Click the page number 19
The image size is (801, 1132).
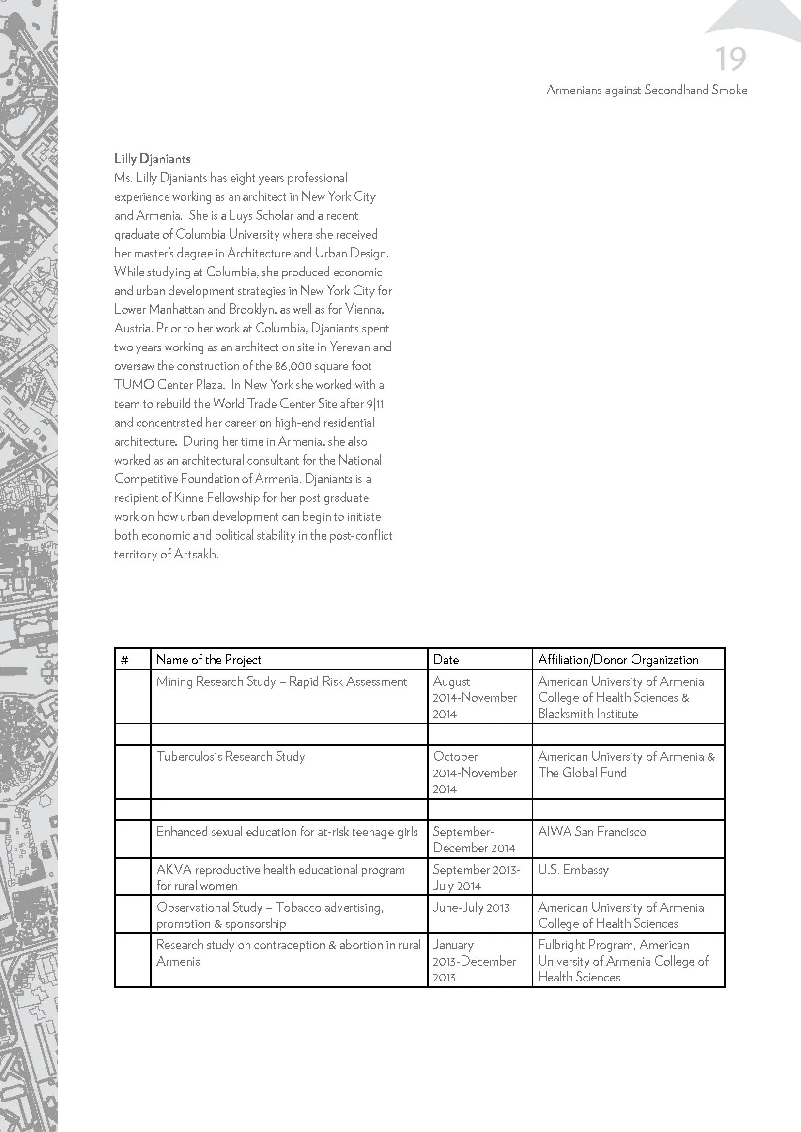point(730,60)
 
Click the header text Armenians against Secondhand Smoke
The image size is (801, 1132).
point(646,90)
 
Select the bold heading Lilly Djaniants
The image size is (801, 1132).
point(153,159)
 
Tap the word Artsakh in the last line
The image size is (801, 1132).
point(196,554)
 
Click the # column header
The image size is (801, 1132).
point(125,660)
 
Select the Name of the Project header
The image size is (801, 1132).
point(208,660)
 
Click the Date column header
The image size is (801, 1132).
point(446,660)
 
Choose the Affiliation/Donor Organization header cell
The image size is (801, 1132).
point(618,660)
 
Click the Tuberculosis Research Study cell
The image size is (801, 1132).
point(231,756)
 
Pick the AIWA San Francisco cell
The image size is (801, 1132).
point(592,832)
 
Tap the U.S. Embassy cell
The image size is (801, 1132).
point(573,870)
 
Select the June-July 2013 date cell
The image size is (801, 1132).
point(471,907)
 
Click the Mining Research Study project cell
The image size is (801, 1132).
point(281,681)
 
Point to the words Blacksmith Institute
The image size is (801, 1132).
point(587,714)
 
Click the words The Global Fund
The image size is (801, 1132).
point(582,773)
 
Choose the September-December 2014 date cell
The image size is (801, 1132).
point(474,840)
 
